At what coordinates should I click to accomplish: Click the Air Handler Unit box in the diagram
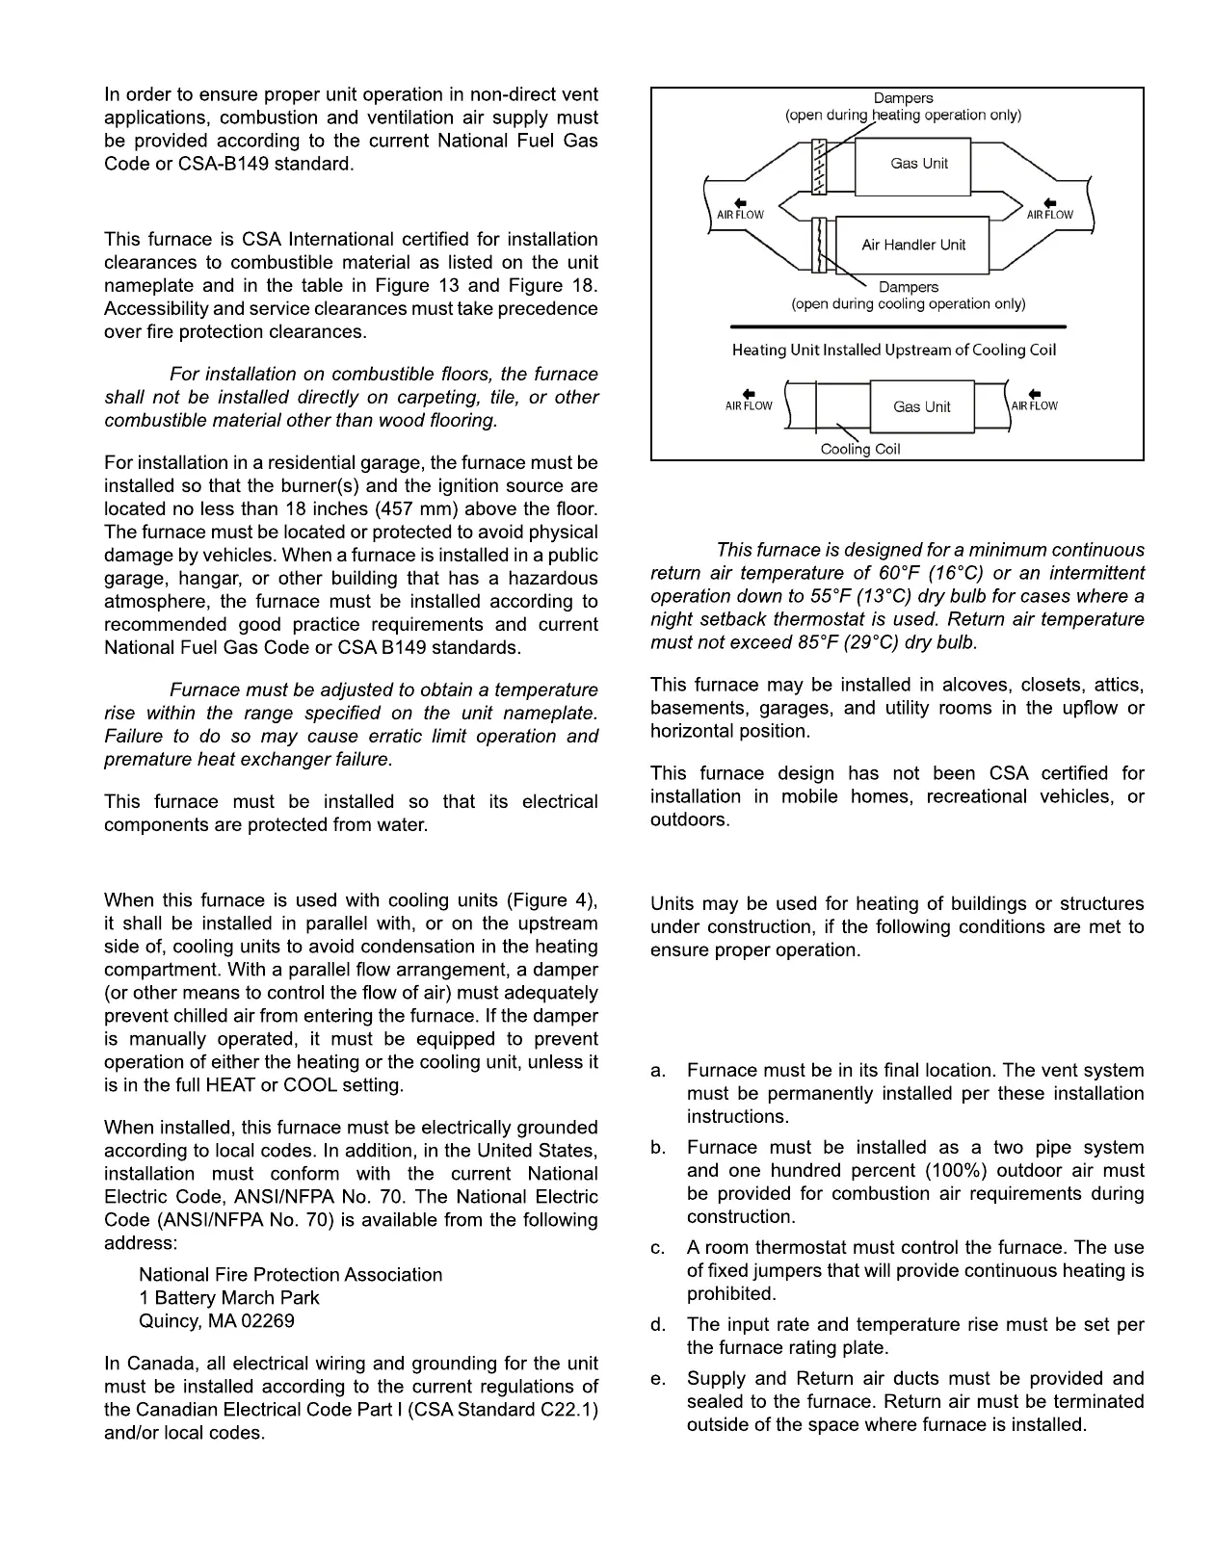(x=912, y=245)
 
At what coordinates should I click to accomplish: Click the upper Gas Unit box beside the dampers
(x=918, y=164)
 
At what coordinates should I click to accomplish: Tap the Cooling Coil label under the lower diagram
(x=860, y=450)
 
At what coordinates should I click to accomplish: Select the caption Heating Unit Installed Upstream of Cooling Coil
(x=894, y=350)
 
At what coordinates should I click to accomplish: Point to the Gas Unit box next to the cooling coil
(x=921, y=406)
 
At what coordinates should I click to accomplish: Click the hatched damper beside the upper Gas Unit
(x=821, y=167)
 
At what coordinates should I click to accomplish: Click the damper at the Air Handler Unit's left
(x=821, y=245)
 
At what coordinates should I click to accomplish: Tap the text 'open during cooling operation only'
(x=909, y=304)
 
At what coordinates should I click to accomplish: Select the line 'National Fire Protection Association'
(x=291, y=1275)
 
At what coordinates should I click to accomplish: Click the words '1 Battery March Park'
(x=229, y=1298)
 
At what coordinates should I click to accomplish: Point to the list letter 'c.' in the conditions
(x=658, y=1249)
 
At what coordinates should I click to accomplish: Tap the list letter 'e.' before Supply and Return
(x=658, y=1380)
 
